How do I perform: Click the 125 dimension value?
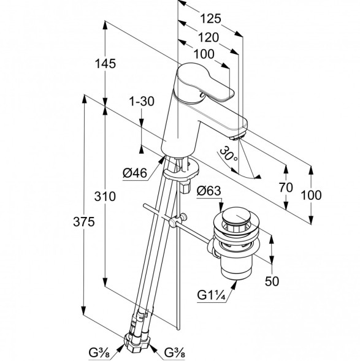tap(210, 18)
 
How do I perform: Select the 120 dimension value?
tap(209, 37)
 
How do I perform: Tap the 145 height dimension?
tap(105, 64)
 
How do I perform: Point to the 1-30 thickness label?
tap(142, 101)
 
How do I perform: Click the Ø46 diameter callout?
tap(135, 173)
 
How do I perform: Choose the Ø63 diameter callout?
tap(209, 191)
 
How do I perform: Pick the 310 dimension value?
tap(105, 197)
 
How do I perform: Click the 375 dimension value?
tap(84, 222)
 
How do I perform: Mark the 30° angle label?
tap(229, 154)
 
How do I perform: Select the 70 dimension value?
tap(286, 187)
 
